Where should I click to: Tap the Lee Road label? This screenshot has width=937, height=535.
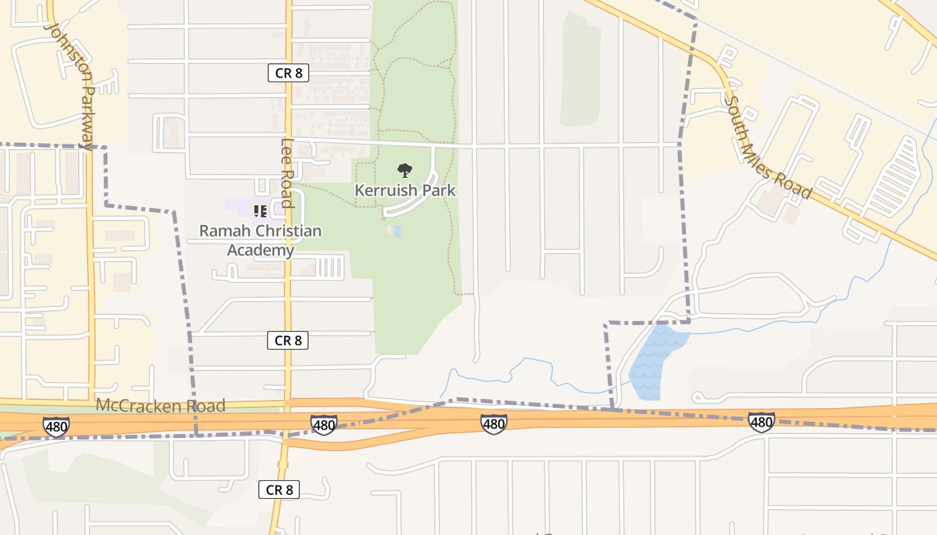287,173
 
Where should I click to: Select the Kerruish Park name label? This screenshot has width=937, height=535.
405,191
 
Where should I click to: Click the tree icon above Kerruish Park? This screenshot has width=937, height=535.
405,171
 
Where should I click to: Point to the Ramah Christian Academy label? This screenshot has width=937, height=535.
260,240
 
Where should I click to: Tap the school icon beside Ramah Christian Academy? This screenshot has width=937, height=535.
260,212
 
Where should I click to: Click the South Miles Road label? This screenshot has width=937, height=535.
769,148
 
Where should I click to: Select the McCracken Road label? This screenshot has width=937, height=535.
161,405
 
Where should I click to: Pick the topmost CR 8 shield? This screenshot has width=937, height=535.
288,73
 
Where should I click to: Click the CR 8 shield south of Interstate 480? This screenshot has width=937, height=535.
279,490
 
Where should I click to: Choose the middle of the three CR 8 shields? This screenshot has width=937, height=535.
288,340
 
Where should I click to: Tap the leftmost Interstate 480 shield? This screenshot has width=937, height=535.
56,427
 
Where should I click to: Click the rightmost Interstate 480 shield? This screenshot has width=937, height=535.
761,422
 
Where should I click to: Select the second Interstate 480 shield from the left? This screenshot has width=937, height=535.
324,423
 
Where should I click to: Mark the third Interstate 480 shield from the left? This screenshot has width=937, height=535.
493,423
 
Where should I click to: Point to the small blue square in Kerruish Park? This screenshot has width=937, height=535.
398,231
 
